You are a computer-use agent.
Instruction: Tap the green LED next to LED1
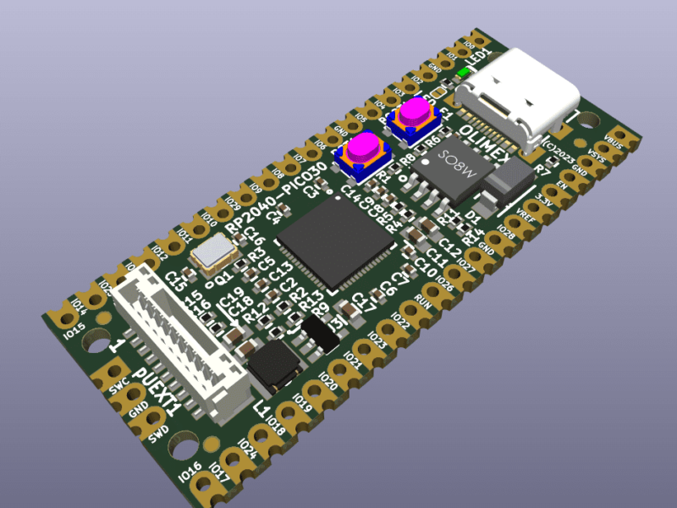pyautogui.click(x=462, y=75)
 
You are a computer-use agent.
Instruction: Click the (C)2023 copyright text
pyautogui.click(x=559, y=152)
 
